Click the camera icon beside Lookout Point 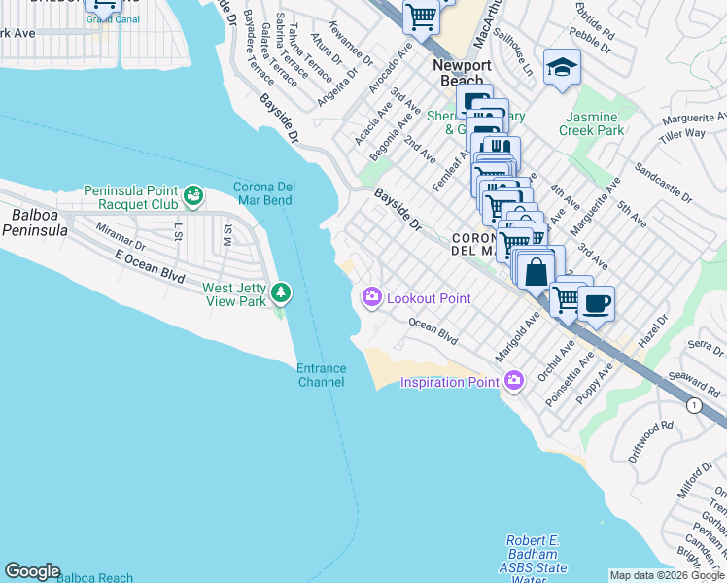click(x=371, y=297)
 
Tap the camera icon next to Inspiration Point click(x=515, y=382)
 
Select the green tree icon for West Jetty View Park click(x=281, y=292)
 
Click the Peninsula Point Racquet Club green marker click(x=194, y=196)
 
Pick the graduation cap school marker click(x=562, y=67)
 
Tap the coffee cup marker click(x=596, y=303)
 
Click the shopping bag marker click(x=536, y=271)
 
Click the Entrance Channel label click(x=321, y=374)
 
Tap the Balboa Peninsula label click(x=34, y=223)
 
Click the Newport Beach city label click(x=462, y=73)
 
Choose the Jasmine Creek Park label click(x=594, y=123)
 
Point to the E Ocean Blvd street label click(x=149, y=266)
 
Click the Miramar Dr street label click(x=121, y=238)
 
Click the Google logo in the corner click(x=32, y=571)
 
